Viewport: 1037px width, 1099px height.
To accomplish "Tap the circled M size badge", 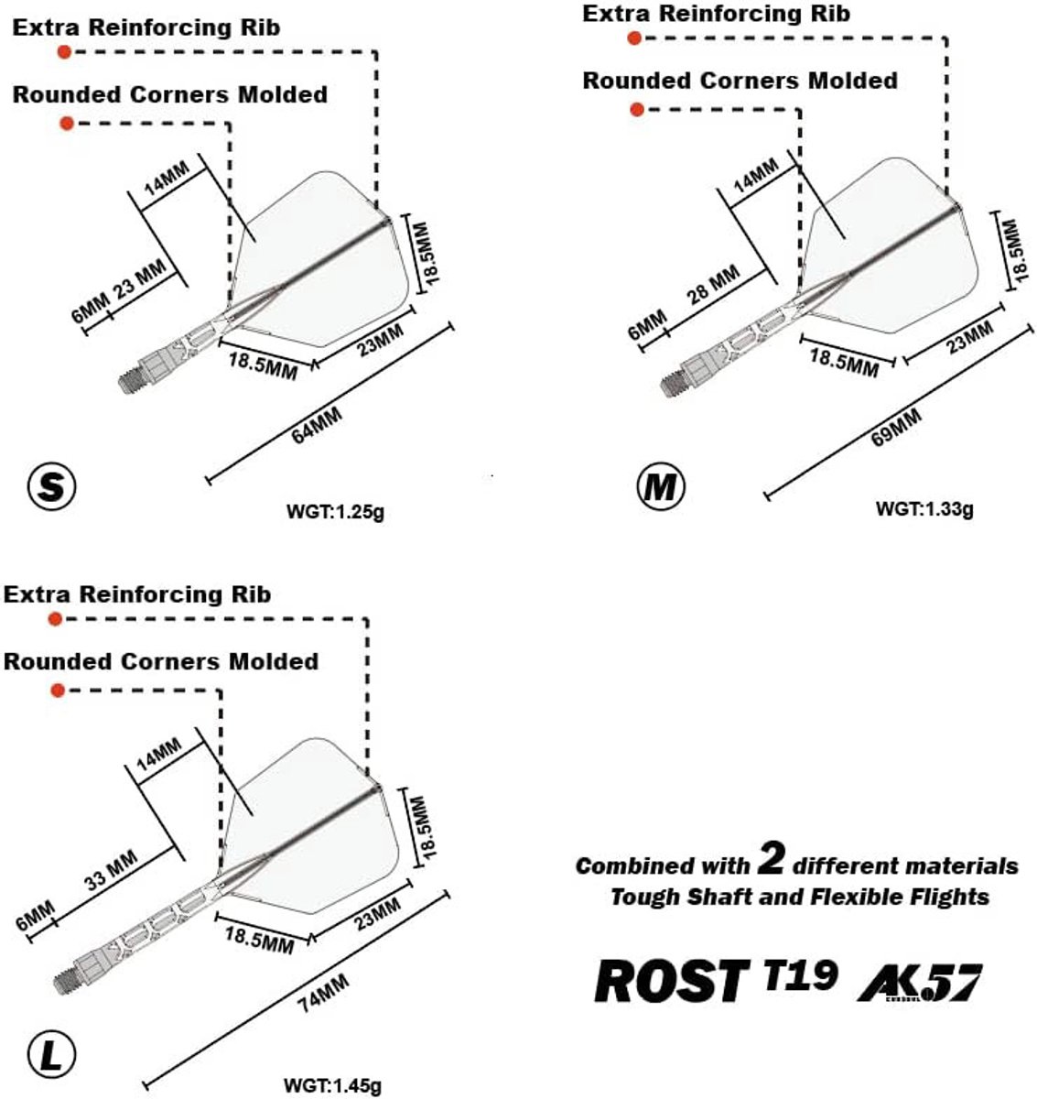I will point(660,488).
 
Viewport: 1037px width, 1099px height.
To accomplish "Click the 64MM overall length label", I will point(317,428).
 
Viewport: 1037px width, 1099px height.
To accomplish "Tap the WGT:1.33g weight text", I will point(924,509).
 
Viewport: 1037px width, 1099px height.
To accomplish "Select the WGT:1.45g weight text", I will point(332,1086).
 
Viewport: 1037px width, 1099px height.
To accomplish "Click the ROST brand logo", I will point(669,983).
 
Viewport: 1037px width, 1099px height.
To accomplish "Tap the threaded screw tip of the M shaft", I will point(673,378).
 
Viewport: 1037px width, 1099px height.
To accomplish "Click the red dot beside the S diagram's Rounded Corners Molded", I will point(66,124).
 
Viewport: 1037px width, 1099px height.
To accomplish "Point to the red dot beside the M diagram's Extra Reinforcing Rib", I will point(634,38).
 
